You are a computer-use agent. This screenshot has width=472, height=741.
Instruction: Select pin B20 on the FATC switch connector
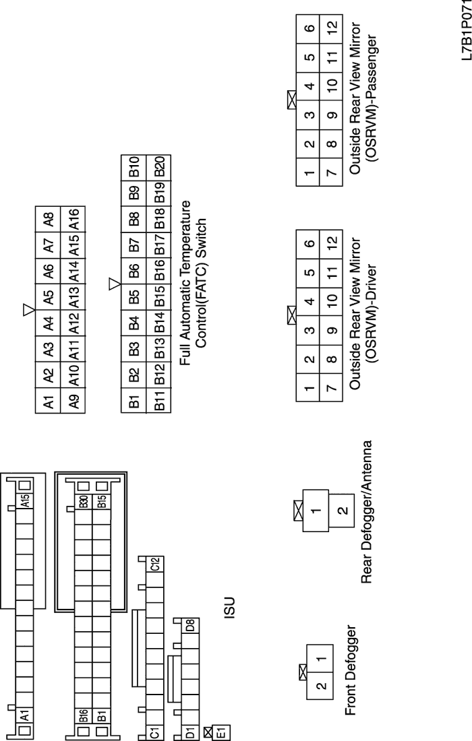(160, 166)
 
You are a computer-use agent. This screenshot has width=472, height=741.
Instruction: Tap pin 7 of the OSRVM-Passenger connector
(328, 174)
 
